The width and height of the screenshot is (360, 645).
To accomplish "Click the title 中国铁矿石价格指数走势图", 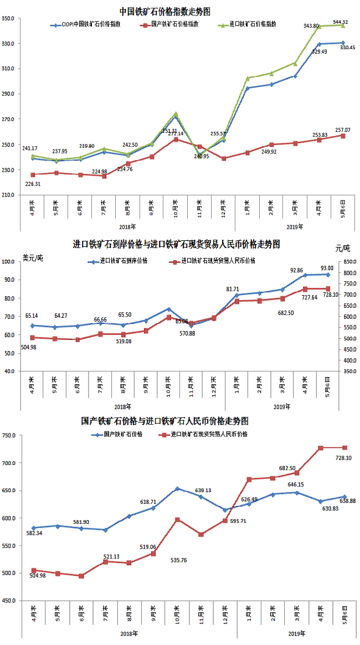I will click(x=164, y=11).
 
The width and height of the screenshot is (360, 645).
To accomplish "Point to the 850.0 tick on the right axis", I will click(x=348, y=261).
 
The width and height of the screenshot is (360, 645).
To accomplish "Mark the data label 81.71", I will click(x=233, y=288).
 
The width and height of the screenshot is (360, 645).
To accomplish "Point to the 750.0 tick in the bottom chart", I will click(x=10, y=436).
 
